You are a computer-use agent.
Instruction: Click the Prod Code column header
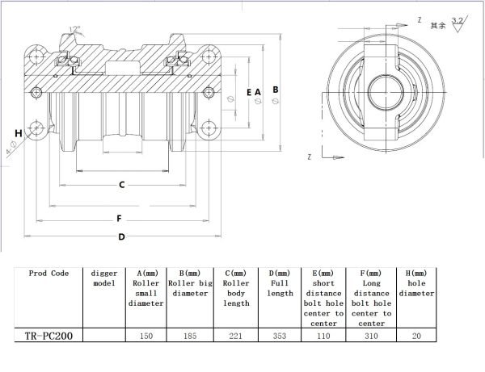pos(48,274)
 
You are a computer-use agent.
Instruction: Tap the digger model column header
pos(105,278)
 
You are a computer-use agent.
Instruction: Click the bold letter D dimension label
pos(121,236)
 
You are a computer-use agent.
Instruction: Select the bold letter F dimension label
pos(119,219)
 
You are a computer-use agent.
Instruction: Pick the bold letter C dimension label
pos(121,185)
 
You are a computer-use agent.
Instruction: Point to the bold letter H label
pos(17,132)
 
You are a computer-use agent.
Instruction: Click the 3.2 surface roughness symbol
pos(458,22)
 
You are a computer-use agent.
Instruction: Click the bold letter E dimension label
pos(249,92)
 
